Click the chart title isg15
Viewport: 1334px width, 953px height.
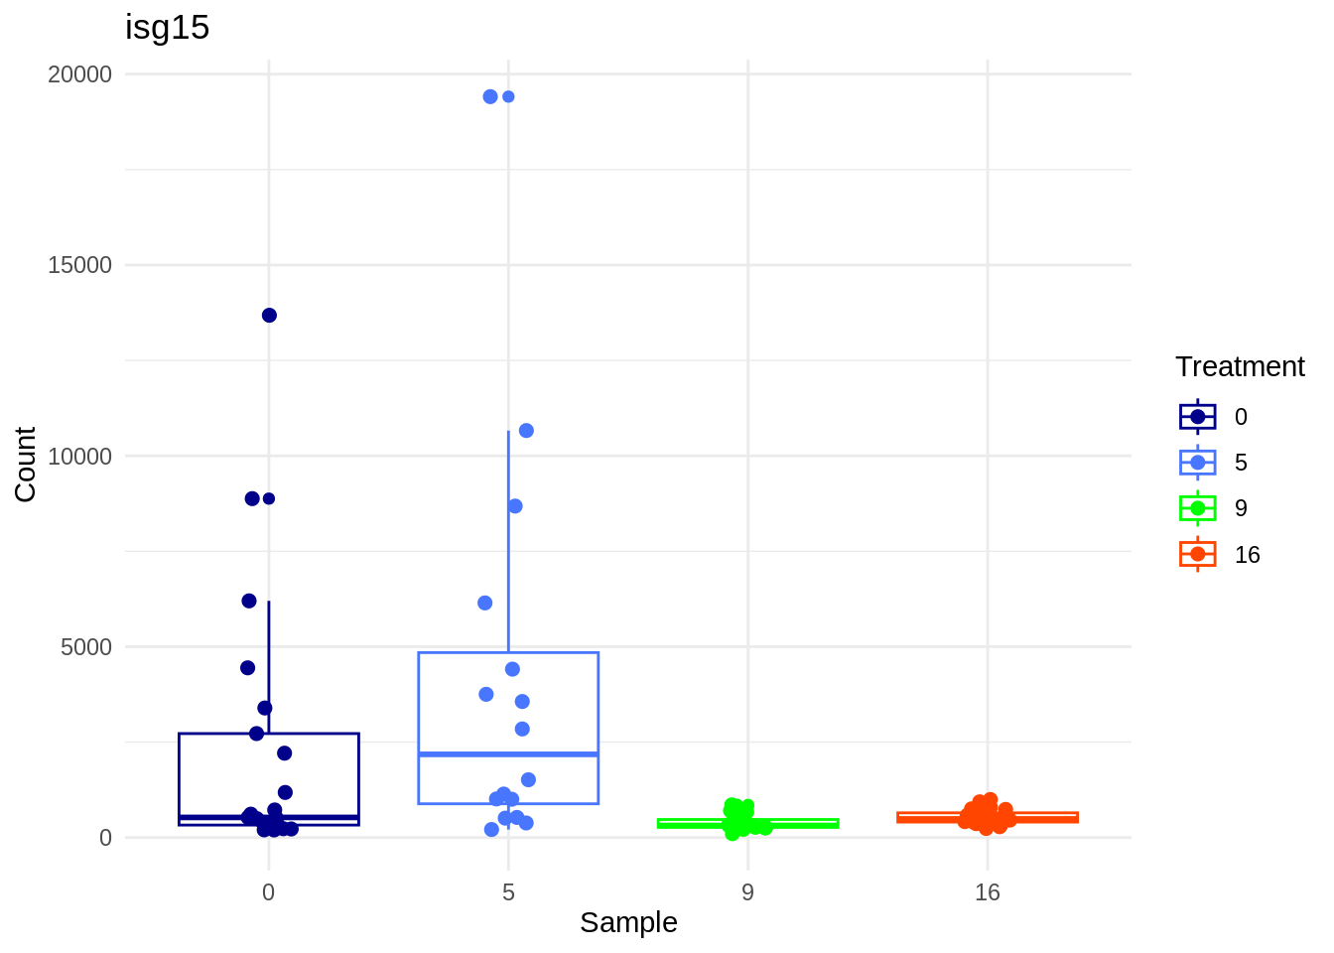167,28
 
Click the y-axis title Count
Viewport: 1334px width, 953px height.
26,464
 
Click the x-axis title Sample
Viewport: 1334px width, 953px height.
628,922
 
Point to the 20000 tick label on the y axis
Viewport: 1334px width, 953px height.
79,74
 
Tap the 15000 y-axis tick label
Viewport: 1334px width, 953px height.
79,265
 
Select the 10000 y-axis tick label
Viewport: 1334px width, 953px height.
79,457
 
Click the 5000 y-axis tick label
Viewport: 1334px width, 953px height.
85,647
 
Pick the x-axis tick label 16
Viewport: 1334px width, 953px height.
987,892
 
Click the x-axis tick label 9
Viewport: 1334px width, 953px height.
747,892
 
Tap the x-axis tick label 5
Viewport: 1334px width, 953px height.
508,892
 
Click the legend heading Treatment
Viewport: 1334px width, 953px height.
1240,366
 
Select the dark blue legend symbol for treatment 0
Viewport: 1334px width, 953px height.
1198,417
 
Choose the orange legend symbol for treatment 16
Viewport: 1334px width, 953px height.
1198,554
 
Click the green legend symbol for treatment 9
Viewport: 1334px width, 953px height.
1198,508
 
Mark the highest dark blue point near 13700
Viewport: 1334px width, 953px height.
269,316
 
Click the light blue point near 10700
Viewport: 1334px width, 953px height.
526,431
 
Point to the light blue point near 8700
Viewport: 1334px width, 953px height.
515,506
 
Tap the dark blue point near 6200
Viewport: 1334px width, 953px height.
249,601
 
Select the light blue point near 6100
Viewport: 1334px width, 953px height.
485,603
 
